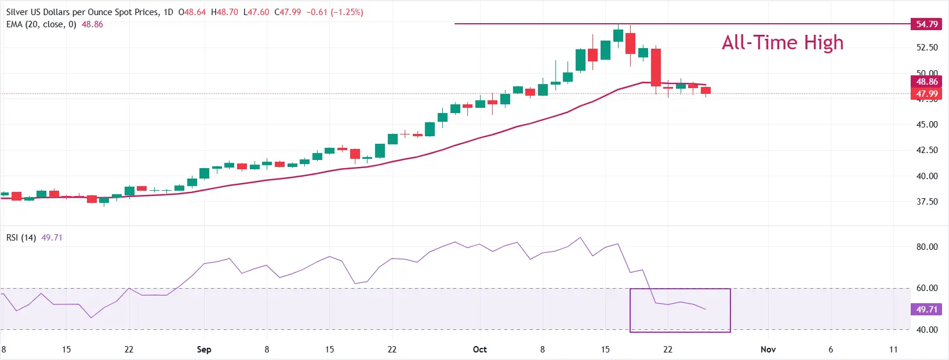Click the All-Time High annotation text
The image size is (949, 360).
tap(782, 43)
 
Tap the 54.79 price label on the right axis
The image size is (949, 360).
tap(926, 24)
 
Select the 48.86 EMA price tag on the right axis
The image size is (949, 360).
tap(926, 82)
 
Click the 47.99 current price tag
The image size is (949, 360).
tap(926, 94)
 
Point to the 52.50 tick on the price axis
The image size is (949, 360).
tap(926, 48)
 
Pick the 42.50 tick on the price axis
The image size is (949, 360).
tap(926, 150)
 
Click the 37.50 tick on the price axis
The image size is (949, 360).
tap(926, 202)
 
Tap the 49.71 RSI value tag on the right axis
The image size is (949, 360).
tap(926, 310)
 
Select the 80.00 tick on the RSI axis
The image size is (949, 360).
tap(926, 247)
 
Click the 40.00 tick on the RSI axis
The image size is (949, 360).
tap(926, 330)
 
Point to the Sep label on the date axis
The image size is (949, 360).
tap(204, 350)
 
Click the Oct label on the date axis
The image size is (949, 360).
tap(479, 350)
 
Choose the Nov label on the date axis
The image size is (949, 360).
tap(768, 350)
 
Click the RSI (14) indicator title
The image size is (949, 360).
tap(21, 238)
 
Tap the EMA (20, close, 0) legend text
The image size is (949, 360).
tap(41, 24)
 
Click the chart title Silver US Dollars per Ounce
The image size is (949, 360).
tap(81, 12)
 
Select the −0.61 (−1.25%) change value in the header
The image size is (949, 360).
tap(334, 12)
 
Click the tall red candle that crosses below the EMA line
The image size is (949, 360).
tap(656, 67)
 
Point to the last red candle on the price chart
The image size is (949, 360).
tap(706, 90)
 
